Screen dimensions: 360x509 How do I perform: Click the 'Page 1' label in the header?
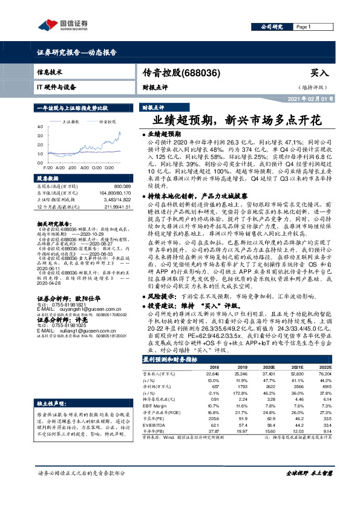click(x=303, y=27)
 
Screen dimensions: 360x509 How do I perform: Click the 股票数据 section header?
click(x=48, y=179)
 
